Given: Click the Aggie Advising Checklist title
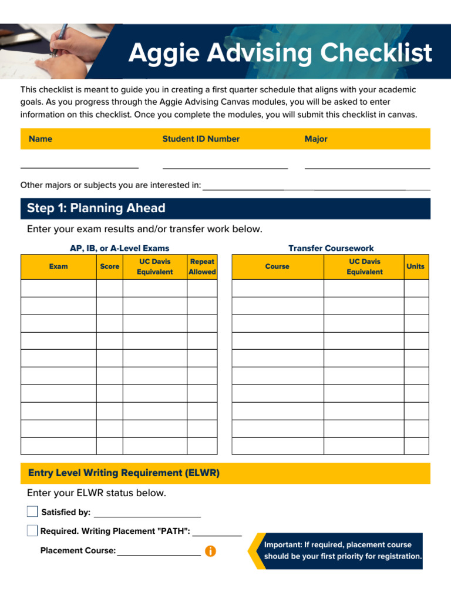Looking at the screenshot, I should point(280,53).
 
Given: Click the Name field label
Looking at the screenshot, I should point(41,139).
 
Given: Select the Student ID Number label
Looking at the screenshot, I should point(201,139).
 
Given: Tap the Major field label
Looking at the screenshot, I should point(316,139).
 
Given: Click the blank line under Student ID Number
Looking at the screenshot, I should point(225,168).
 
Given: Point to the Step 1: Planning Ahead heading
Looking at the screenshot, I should point(96,208).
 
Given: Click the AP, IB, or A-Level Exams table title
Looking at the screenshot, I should point(119,248).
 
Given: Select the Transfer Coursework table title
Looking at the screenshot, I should point(331,248).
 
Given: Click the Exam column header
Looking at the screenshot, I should point(58,266).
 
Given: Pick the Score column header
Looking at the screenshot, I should point(109,266).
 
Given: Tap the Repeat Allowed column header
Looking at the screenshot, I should point(202,266).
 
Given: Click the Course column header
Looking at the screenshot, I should point(277,266).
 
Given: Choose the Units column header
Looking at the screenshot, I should point(415,266).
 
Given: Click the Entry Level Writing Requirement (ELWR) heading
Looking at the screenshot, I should point(124,473).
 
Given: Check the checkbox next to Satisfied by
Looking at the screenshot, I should point(32,511).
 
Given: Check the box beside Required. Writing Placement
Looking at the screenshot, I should point(32,531).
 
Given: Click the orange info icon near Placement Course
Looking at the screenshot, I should point(210,551).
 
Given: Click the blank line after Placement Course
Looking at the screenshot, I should point(159,553).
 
